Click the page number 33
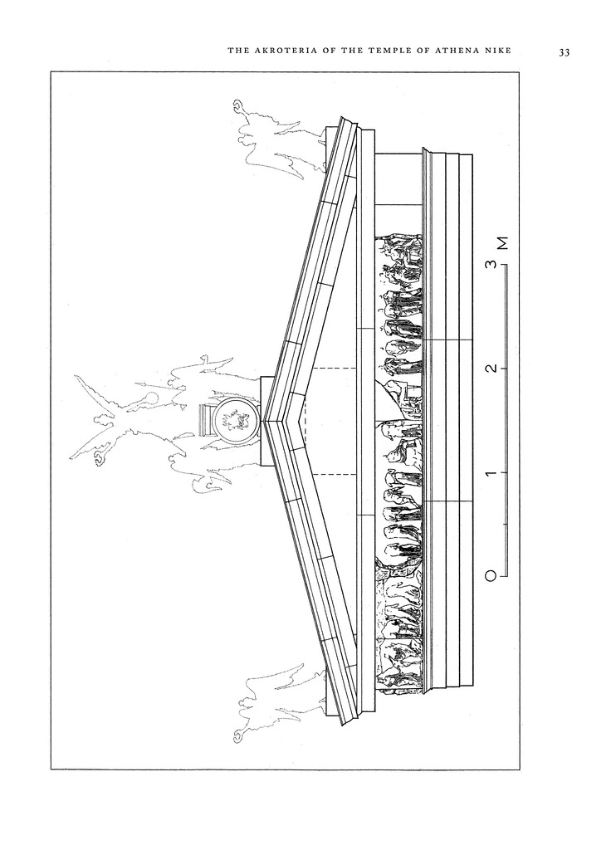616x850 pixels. (x=564, y=53)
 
